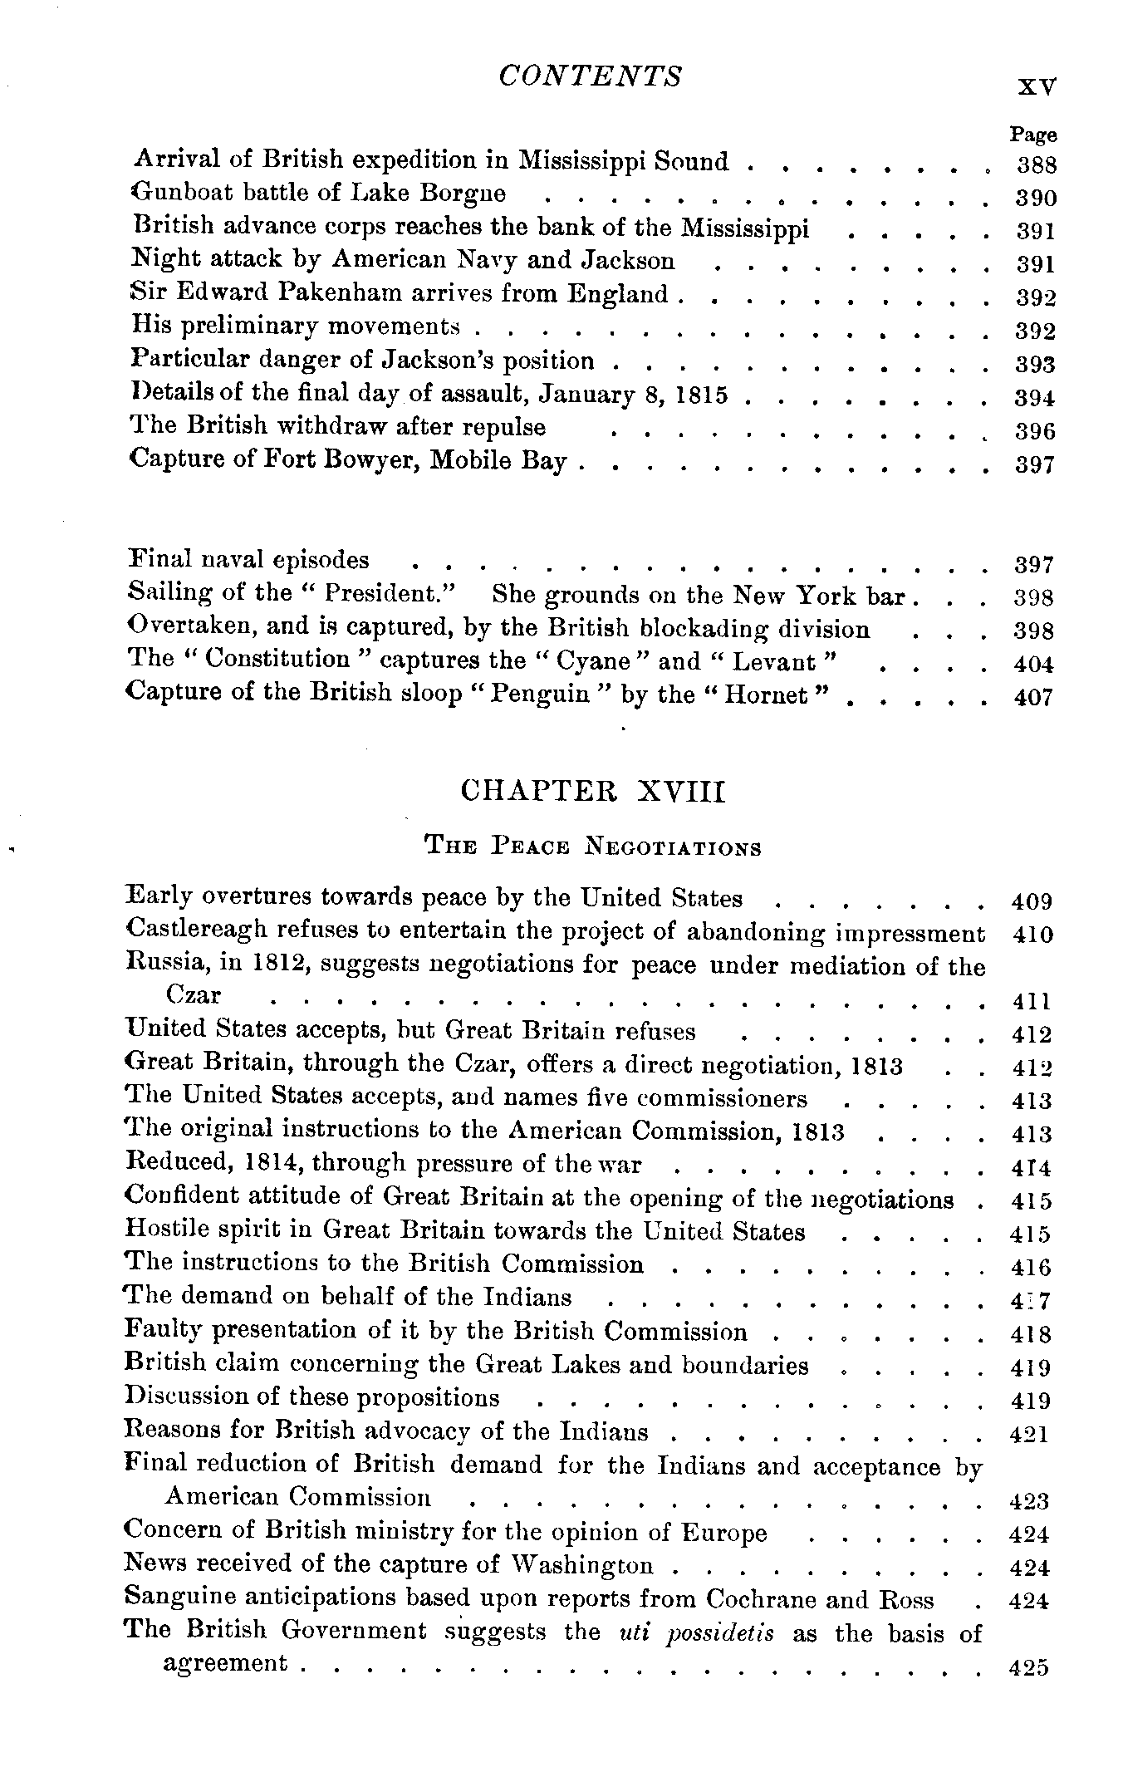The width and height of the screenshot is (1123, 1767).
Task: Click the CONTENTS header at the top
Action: tap(590, 76)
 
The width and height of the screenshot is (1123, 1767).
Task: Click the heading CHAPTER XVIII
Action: tap(592, 792)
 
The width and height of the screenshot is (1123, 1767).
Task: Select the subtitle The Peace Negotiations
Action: tap(592, 847)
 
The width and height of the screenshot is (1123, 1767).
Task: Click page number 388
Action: tap(1037, 164)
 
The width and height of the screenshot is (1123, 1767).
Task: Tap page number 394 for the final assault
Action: tap(1035, 398)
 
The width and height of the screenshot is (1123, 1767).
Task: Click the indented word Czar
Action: tap(194, 995)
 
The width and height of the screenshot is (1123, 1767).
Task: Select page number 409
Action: tap(1032, 901)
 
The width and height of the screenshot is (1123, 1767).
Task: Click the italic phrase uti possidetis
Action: tap(697, 1632)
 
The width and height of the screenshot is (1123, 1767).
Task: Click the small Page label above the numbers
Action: tap(1033, 135)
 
